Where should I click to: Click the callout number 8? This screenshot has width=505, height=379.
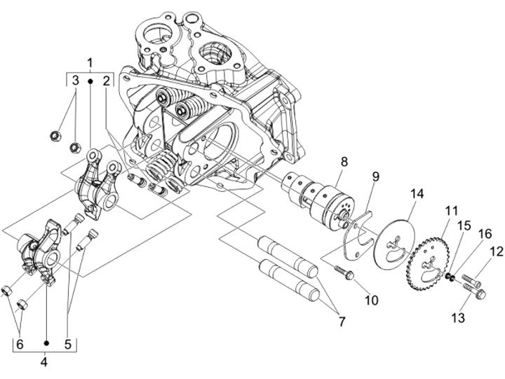click(344, 162)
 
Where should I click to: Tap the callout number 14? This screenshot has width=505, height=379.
click(417, 194)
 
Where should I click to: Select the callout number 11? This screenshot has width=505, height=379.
click(451, 211)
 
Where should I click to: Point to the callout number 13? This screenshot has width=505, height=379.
click(458, 318)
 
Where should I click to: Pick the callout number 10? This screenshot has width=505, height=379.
click(371, 300)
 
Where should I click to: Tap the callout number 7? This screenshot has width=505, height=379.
click(342, 321)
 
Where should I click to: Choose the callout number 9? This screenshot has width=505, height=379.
click(375, 177)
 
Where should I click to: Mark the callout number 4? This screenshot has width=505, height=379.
click(43, 362)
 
